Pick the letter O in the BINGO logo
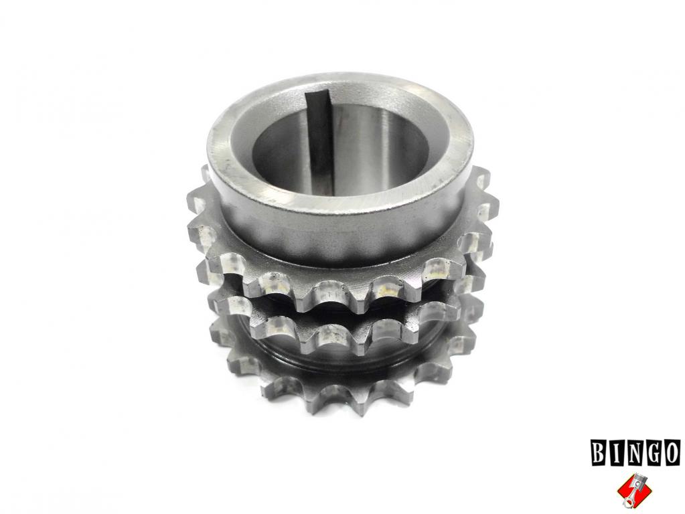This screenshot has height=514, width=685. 672,453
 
